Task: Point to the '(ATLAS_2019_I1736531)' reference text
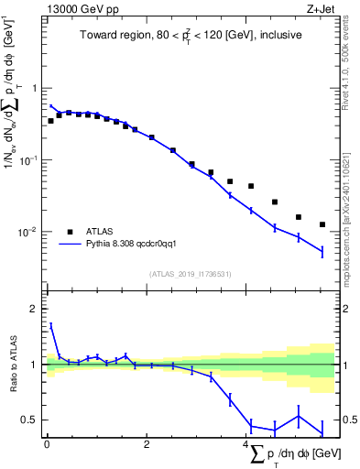[x=190, y=274]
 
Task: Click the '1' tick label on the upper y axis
[x=35, y=89]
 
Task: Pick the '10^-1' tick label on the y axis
[x=31, y=160]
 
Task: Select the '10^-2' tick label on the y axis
[x=31, y=232]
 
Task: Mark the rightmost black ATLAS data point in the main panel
[x=322, y=224]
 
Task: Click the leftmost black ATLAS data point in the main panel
[x=51, y=121]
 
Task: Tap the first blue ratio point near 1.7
[x=51, y=325]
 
